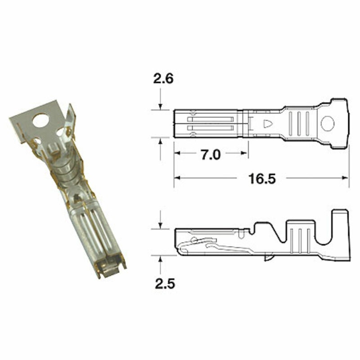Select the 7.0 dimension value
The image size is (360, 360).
coord(210,155)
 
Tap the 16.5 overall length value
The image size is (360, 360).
coord(261,179)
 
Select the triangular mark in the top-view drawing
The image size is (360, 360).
coord(268,123)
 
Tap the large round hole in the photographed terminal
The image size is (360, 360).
coord(41,121)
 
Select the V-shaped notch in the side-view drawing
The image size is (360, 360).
coord(262,229)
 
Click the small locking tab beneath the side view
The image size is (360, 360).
coord(268,258)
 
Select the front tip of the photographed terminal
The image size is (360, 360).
coord(112,270)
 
